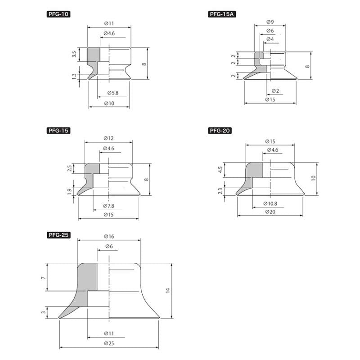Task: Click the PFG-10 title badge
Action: click(x=58, y=14)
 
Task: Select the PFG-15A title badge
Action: click(x=222, y=14)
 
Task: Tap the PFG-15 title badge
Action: click(x=58, y=130)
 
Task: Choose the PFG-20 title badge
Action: click(x=220, y=130)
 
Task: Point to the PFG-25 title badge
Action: click(x=58, y=235)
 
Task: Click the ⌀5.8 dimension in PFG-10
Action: click(x=113, y=93)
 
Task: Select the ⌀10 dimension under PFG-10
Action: click(x=109, y=103)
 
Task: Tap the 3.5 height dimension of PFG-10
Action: click(x=74, y=54)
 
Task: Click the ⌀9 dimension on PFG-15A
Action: click(x=270, y=22)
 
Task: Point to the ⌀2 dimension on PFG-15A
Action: click(x=275, y=91)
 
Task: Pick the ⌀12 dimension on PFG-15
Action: click(x=108, y=138)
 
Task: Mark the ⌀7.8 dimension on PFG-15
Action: click(x=108, y=206)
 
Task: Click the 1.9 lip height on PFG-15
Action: click(x=70, y=192)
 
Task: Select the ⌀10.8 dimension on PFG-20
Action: click(x=270, y=204)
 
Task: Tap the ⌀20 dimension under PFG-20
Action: click(x=270, y=211)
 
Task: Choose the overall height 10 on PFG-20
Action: click(x=313, y=178)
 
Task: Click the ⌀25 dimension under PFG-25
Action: click(x=109, y=343)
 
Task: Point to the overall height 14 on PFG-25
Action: click(x=168, y=290)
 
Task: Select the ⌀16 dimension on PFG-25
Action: click(x=109, y=236)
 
